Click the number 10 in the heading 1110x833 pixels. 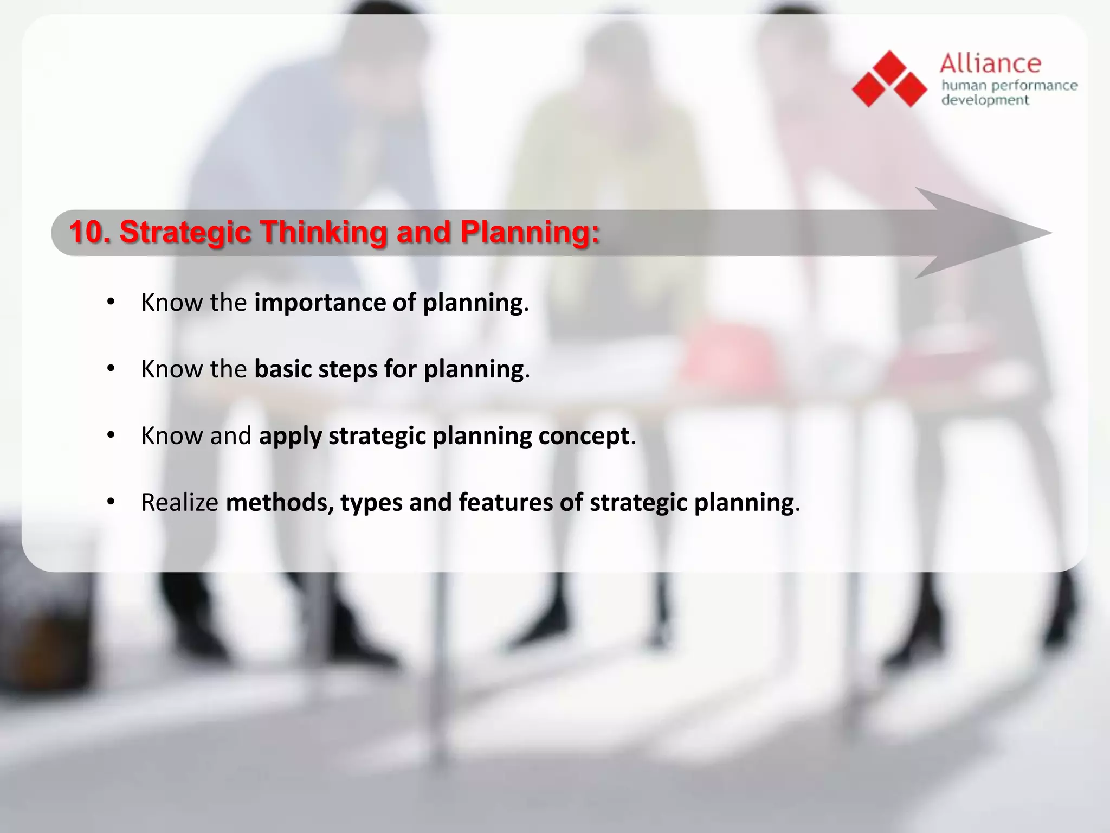[x=87, y=232]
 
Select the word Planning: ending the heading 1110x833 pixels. [x=530, y=232]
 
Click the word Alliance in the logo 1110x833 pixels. [x=990, y=64]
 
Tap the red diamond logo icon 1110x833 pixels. [x=889, y=79]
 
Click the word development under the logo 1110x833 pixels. [x=985, y=100]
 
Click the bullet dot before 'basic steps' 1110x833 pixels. [x=111, y=369]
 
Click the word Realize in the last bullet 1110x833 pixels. [x=179, y=503]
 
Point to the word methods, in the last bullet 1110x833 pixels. [x=280, y=503]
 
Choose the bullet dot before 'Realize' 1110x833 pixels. [x=111, y=502]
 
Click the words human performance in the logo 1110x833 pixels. [x=1009, y=86]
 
